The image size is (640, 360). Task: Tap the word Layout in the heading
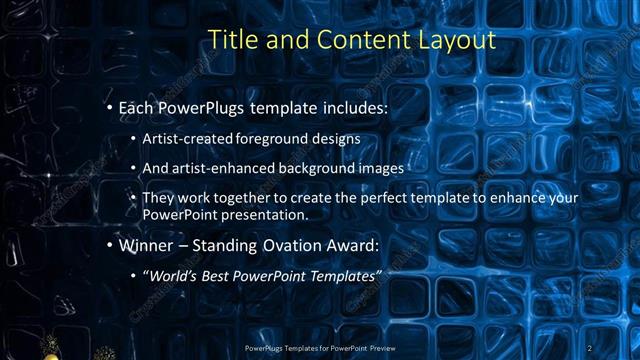456,41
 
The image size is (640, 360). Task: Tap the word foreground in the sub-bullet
269,138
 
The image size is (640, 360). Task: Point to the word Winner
147,245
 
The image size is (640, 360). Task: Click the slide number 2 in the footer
590,347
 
